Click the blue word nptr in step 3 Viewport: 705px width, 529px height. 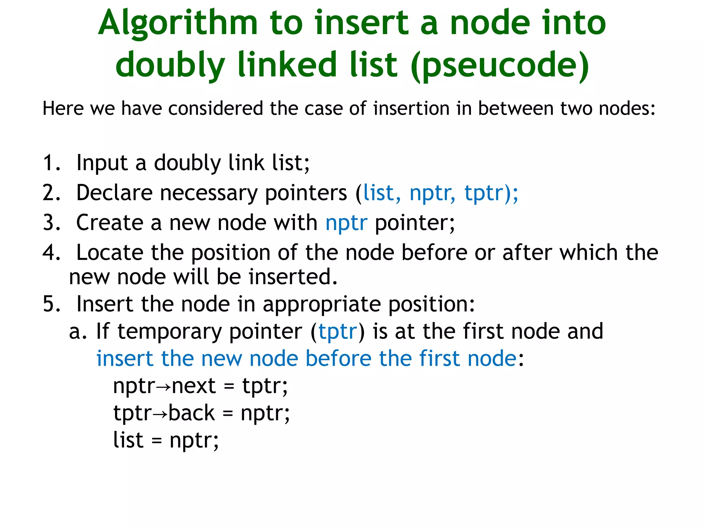tap(346, 223)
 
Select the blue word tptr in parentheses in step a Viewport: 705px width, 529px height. tap(337, 332)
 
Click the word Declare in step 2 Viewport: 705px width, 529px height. tap(114, 193)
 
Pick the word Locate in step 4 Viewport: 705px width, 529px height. tap(109, 253)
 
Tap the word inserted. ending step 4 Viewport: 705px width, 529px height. tap(293, 277)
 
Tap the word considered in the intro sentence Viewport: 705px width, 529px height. tap(215, 109)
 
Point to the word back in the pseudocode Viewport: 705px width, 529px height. tap(191, 413)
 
